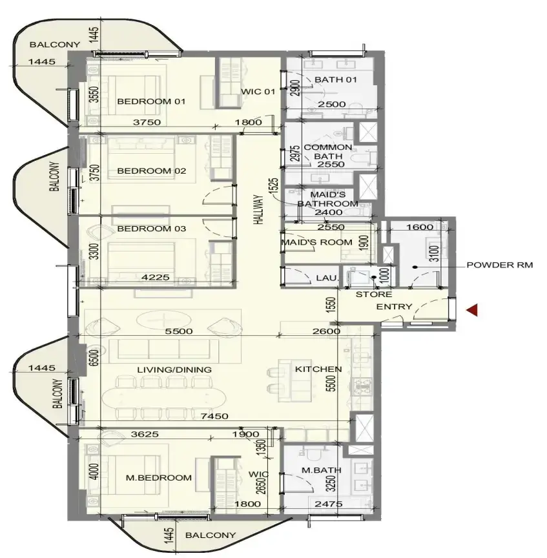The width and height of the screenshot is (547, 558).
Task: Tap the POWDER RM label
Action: [500, 265]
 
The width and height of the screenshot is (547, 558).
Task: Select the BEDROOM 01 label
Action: [151, 101]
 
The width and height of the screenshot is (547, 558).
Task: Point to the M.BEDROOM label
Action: [159, 477]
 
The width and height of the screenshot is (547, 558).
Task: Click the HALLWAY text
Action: [259, 209]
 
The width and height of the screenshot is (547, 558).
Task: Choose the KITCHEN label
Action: [318, 369]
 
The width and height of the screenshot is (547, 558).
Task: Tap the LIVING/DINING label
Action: [174, 370]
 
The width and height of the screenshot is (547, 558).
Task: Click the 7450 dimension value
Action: [214, 416]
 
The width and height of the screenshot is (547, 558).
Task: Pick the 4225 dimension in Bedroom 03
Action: [156, 277]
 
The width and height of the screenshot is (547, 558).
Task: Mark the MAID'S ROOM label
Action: [316, 242]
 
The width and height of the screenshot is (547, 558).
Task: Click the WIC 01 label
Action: [258, 92]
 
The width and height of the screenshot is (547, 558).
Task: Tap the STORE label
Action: [374, 294]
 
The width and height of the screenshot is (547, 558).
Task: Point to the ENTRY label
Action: [394, 306]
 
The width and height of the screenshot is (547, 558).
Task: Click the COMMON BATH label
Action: [328, 152]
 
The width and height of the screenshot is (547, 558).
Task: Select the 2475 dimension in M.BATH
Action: [329, 504]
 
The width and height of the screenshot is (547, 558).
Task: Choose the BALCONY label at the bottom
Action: [211, 535]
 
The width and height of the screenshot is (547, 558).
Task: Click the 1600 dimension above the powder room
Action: [420, 227]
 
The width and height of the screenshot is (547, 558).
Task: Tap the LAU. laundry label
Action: [327, 278]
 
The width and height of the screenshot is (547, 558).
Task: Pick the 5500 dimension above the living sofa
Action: [179, 331]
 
